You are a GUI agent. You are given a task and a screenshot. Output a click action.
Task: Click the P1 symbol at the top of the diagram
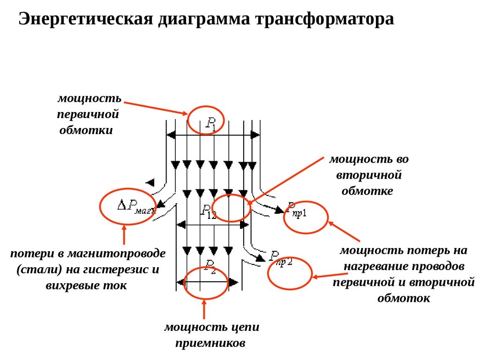[211, 124]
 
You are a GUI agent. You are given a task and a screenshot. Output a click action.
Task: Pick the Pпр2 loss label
[280, 258]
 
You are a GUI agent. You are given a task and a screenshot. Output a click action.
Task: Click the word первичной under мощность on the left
[88, 114]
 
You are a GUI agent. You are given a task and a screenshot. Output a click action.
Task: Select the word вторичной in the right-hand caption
[369, 175]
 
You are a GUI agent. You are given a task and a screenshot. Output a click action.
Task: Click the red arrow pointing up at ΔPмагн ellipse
[124, 234]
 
